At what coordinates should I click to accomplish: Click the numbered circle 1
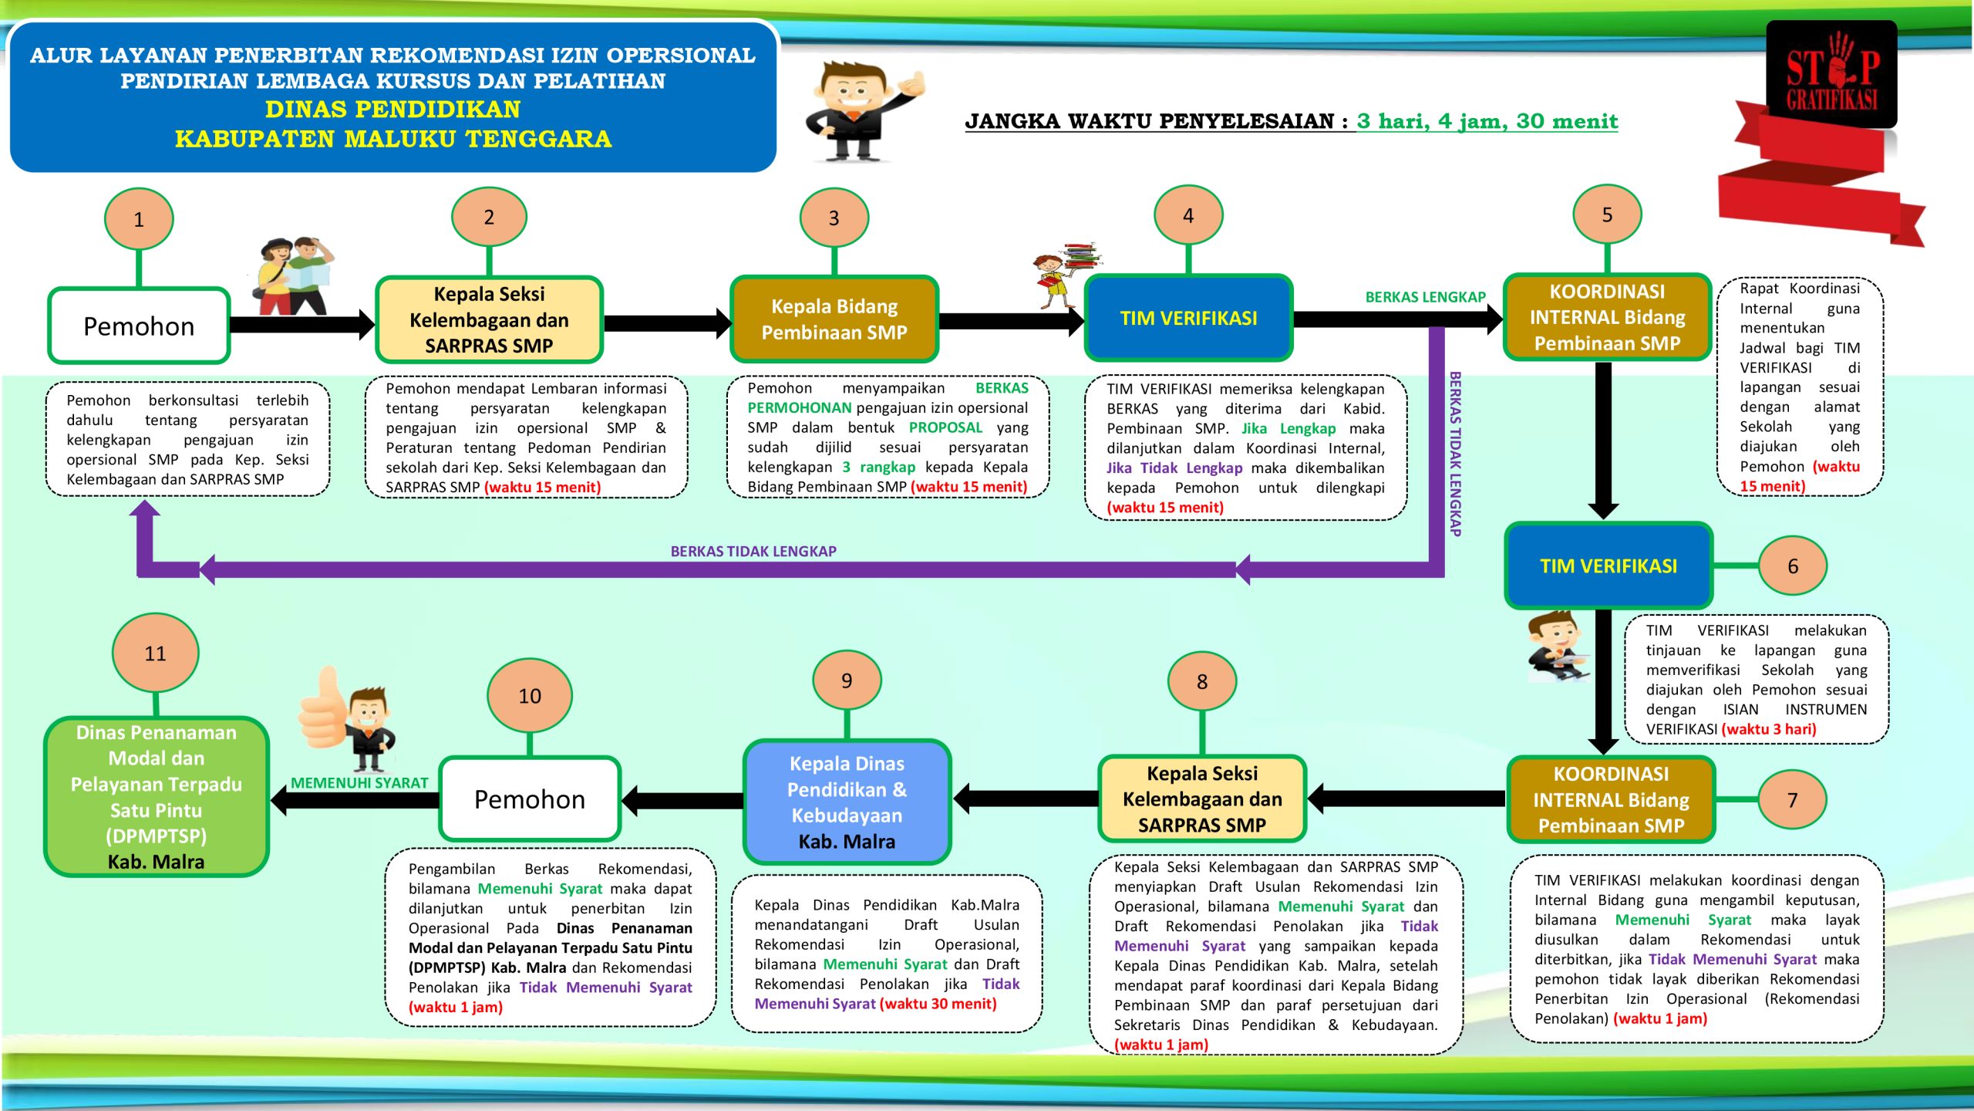coord(139,219)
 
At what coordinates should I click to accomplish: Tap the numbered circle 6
coord(1792,566)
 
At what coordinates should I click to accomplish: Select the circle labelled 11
coord(155,653)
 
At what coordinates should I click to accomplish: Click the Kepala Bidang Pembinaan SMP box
coord(834,319)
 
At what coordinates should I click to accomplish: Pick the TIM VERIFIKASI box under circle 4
coord(1188,318)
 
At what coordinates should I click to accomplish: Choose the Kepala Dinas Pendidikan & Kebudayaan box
coord(847,802)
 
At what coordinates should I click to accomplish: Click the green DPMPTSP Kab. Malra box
coord(156,796)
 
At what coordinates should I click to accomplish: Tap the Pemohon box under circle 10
coord(530,799)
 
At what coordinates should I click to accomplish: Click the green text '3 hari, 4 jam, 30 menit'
coord(1487,121)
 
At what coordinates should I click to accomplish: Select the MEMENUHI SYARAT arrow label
coord(359,783)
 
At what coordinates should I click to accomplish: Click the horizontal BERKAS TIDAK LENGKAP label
coord(753,551)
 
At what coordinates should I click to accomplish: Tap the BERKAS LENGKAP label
coord(1425,297)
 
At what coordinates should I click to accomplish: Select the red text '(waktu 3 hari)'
coord(1769,729)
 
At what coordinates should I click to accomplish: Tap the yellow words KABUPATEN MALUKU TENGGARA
coord(393,139)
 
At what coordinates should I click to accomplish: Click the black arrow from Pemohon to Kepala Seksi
coord(301,325)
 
